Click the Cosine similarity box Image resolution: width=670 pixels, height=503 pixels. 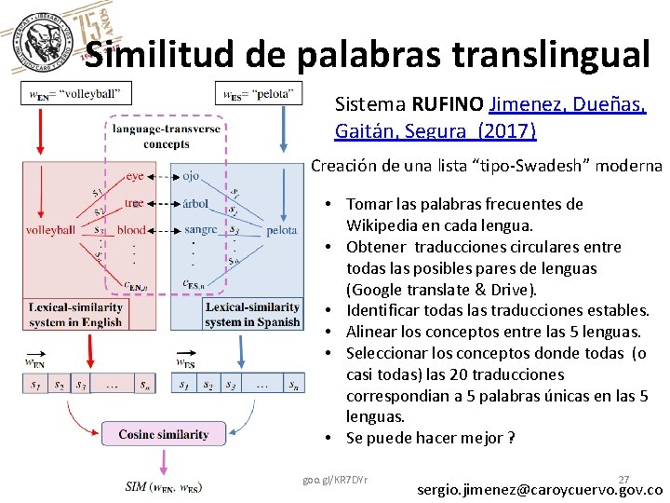[164, 434]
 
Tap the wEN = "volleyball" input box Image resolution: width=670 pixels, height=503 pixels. [76, 93]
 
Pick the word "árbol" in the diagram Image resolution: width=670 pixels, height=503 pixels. [195, 203]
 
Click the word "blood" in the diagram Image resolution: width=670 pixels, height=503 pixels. [132, 230]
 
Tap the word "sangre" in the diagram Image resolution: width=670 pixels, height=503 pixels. [200, 230]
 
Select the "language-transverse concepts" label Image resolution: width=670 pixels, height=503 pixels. [167, 137]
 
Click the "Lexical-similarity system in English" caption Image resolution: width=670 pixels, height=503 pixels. [75, 314]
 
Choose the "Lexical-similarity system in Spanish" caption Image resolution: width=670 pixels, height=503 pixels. [252, 314]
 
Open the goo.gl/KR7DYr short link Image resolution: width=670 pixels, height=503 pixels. [335, 480]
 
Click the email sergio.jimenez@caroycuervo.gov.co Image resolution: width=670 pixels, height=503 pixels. [540, 489]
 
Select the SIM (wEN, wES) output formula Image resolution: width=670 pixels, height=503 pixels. [164, 486]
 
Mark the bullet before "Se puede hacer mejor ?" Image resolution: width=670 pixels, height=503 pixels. [330, 438]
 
